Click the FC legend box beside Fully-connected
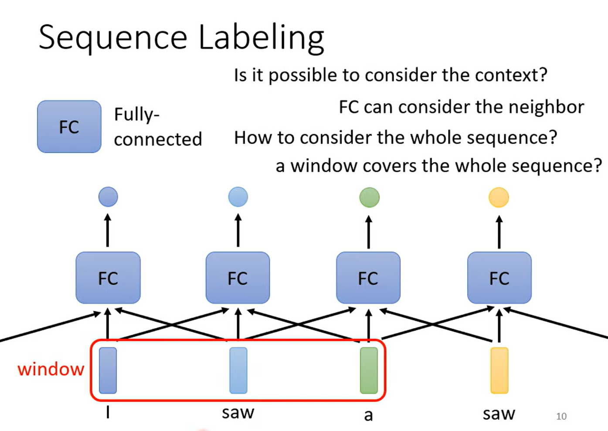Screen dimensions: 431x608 coord(69,127)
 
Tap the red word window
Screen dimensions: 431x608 coord(51,369)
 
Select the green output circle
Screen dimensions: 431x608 coord(369,197)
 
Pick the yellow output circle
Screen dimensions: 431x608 coord(499,197)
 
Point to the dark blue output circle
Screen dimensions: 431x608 coord(108,197)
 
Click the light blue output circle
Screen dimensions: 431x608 coord(238,197)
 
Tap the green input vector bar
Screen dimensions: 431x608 coord(369,370)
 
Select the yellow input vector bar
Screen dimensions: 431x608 coord(499,370)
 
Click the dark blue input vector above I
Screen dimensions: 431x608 coord(108,370)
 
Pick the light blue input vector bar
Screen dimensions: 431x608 coord(238,370)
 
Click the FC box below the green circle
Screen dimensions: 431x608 coord(368,278)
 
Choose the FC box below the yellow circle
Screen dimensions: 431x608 coord(499,278)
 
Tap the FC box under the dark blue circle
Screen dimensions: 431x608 coord(108,278)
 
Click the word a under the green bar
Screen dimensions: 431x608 coord(369,415)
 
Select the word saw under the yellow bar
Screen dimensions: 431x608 coord(499,413)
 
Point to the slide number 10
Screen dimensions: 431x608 coord(561,416)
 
